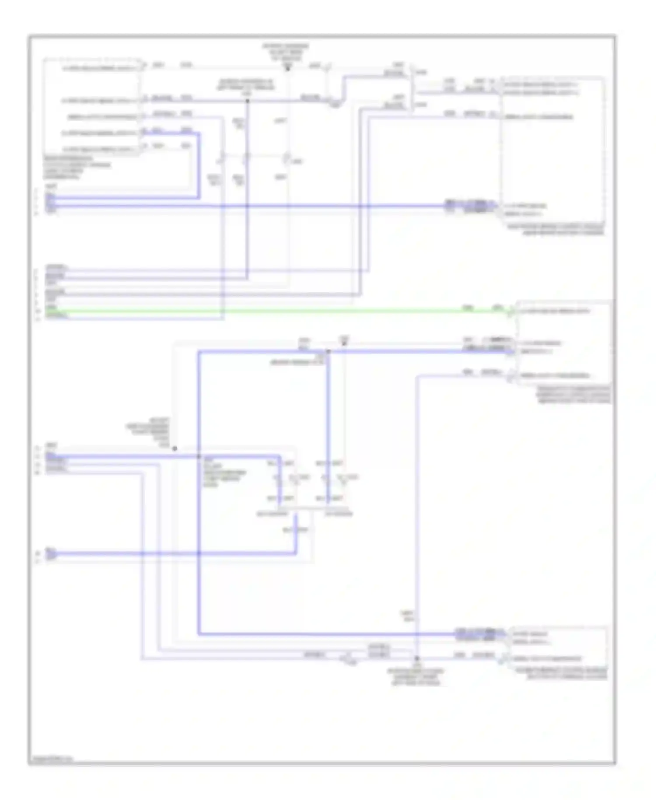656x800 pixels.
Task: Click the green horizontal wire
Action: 280,311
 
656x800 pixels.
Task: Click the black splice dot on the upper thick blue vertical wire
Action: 247,101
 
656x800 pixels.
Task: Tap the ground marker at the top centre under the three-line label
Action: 288,68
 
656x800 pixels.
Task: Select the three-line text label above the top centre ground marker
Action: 285,52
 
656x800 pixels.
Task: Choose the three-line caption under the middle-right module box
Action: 574,394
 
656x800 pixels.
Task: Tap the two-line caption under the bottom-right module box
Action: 567,674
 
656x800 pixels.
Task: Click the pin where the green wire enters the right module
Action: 511,311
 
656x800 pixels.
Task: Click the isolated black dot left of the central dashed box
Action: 174,449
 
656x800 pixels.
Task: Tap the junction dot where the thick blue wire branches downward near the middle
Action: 328,351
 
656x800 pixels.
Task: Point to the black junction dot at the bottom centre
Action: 417,658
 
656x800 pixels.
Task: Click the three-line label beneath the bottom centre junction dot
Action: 416,677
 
